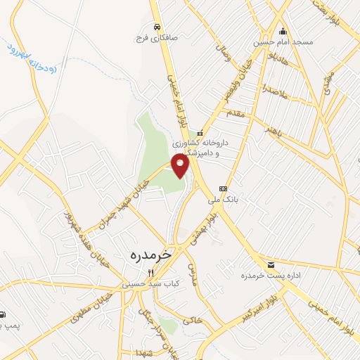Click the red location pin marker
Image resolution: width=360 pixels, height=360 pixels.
tap(181, 167)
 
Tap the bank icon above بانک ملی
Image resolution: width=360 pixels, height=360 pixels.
tap(224, 188)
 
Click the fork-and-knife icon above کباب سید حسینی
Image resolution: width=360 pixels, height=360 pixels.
tap(149, 274)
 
